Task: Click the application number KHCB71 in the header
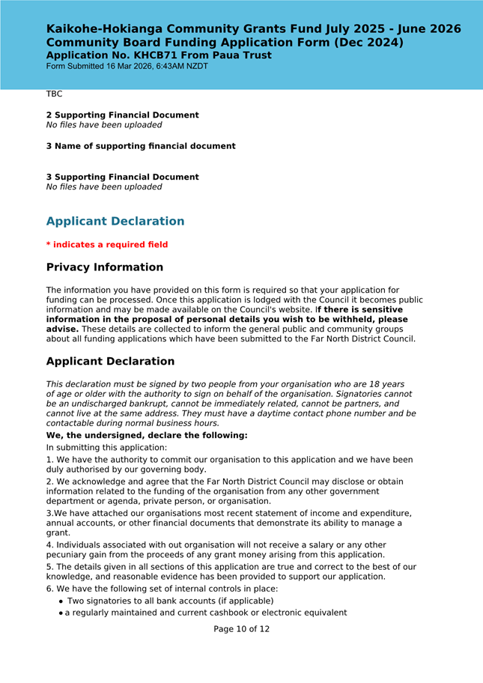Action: coord(154,55)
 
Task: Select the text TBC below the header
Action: coord(54,94)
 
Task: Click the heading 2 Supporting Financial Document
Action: coord(122,115)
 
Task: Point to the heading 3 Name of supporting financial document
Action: coord(141,146)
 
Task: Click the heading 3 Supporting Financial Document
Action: coord(122,177)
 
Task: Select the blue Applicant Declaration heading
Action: coord(115,222)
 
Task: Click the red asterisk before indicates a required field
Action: coord(49,244)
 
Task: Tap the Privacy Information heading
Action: coord(104,267)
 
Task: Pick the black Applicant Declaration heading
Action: coord(110,362)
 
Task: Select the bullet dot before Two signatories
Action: coord(61,601)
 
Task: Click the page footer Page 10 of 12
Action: coord(241,629)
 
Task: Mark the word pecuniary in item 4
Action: coord(70,555)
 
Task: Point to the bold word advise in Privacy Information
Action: coord(62,329)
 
